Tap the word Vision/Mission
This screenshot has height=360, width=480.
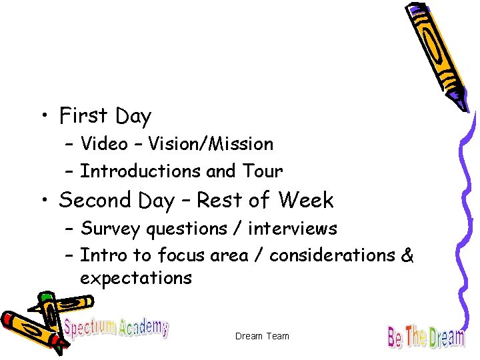coord(211,143)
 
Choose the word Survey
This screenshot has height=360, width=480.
coord(110,229)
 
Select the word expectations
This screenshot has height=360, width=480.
coord(136,278)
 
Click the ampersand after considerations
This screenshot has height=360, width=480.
coord(408,255)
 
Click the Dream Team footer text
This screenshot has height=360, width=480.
coord(262,336)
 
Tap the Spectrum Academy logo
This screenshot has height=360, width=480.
coord(116,327)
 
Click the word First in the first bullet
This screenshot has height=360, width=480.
coord(83,117)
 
